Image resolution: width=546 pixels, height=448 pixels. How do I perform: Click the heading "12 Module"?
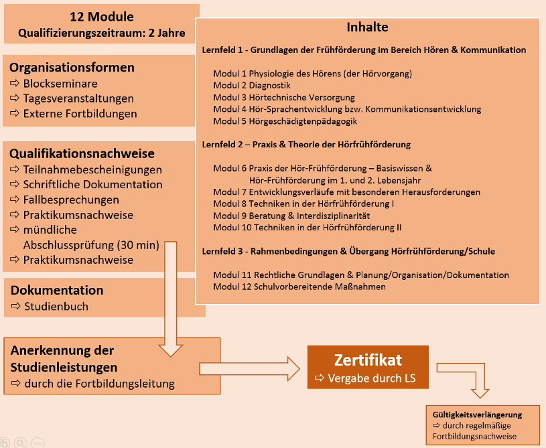[x=102, y=17]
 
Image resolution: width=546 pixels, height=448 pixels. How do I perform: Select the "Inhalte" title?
[x=367, y=27]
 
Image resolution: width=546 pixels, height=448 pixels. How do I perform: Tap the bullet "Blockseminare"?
[x=60, y=84]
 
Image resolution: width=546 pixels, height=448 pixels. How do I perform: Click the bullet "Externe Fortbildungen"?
[x=80, y=113]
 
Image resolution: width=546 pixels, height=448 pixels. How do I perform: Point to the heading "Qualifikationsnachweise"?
[x=82, y=153]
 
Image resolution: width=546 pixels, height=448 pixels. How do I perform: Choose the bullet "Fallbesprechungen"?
[x=71, y=200]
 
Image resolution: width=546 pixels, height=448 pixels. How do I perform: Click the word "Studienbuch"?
[x=56, y=307]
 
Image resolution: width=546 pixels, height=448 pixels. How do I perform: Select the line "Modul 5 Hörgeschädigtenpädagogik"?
[x=285, y=121]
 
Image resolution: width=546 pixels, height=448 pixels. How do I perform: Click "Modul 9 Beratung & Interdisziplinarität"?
[x=291, y=216]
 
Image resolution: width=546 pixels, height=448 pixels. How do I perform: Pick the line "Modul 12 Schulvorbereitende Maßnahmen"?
[x=299, y=287]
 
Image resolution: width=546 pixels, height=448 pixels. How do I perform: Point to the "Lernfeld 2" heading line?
[x=306, y=145]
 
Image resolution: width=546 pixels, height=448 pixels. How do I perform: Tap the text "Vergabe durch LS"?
[x=372, y=378]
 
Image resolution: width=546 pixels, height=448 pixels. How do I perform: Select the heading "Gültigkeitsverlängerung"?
[x=477, y=415]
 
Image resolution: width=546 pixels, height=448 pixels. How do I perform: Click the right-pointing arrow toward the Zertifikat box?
[x=249, y=367]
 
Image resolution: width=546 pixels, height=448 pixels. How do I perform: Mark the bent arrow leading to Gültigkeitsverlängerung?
[x=469, y=378]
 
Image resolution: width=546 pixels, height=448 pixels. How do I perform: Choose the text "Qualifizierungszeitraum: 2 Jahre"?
[x=102, y=32]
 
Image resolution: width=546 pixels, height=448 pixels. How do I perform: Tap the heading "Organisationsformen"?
[x=72, y=68]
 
